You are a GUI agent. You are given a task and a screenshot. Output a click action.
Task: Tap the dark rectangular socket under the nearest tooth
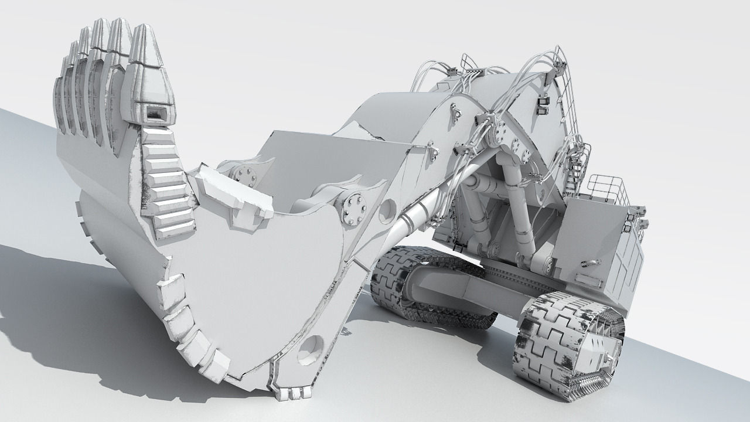click(x=156, y=114)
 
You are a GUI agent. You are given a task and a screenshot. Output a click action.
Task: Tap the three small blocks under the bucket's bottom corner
click(x=291, y=393)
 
